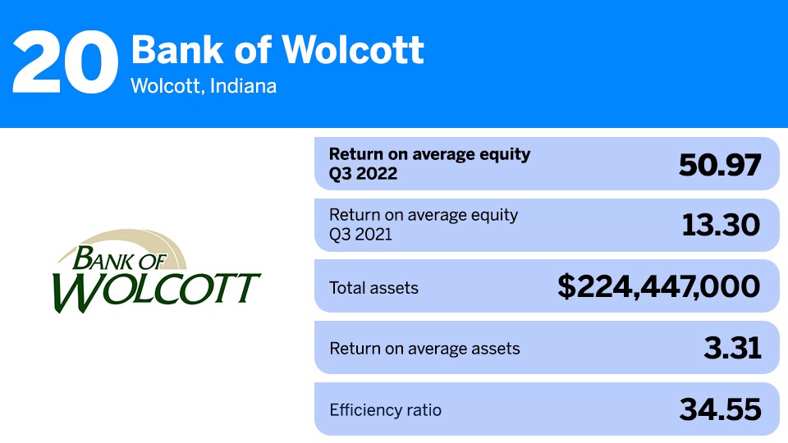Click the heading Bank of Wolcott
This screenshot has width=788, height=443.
(277, 50)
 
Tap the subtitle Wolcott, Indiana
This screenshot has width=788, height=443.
(204, 85)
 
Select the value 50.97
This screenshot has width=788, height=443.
(720, 165)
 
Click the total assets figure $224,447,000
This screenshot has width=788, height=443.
(658, 287)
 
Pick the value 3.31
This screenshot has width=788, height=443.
(732, 348)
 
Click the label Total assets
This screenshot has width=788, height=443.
(373, 288)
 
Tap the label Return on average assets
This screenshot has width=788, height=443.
(424, 349)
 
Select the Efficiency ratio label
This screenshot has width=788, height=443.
(385, 410)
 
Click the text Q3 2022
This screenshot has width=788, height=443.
(363, 174)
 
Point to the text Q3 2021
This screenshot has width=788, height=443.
(362, 235)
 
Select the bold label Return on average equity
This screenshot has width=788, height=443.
(430, 154)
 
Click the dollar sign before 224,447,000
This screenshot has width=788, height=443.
(567, 287)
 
